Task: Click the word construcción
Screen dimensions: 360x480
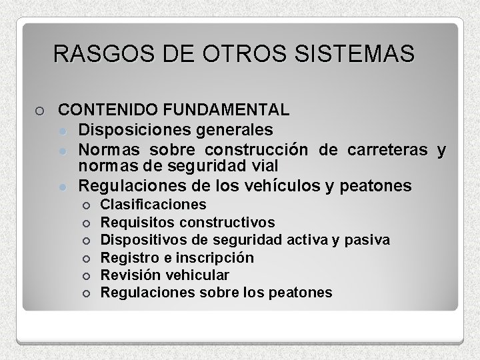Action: [x=255, y=147]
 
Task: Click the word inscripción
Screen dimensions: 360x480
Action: [x=217, y=257]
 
